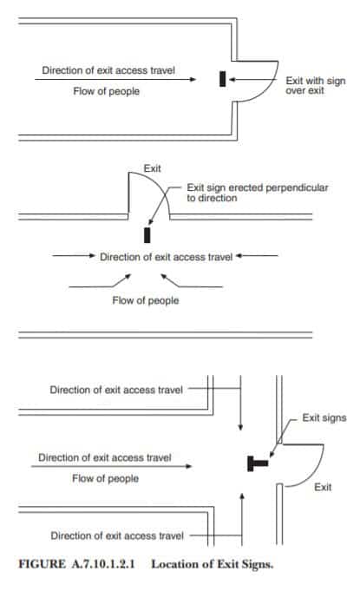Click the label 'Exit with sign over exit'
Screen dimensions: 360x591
315,86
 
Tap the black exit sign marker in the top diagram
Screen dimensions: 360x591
223,79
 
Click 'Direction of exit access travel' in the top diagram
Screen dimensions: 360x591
108,70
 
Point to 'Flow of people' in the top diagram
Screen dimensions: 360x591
106,91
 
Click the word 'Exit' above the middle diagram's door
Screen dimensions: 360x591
152,168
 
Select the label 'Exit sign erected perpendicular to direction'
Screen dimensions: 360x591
257,193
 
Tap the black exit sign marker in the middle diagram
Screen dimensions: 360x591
147,235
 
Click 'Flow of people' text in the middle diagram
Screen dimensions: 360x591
146,300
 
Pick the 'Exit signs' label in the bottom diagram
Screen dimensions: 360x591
324,417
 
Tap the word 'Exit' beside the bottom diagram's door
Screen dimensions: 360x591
323,487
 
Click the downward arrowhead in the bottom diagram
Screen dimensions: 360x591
240,427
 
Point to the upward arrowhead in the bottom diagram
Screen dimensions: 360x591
242,496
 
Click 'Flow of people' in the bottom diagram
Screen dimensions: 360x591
106,478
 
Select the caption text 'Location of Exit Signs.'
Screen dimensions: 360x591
212,564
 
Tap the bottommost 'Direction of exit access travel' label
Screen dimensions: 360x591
117,535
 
